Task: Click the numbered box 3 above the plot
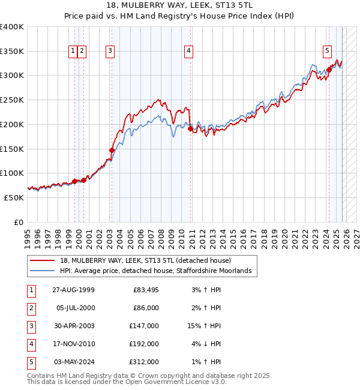tap(111, 52)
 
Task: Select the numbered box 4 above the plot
tap(188, 52)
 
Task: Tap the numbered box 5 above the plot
tap(328, 52)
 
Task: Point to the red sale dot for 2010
tap(191, 128)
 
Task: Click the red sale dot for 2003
tap(112, 150)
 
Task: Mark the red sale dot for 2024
tap(329, 70)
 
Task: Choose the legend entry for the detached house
tap(149, 260)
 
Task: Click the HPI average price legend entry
tap(159, 271)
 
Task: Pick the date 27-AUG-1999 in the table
tap(73, 290)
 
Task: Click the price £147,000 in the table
tap(144, 326)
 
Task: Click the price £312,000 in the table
tap(144, 362)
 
